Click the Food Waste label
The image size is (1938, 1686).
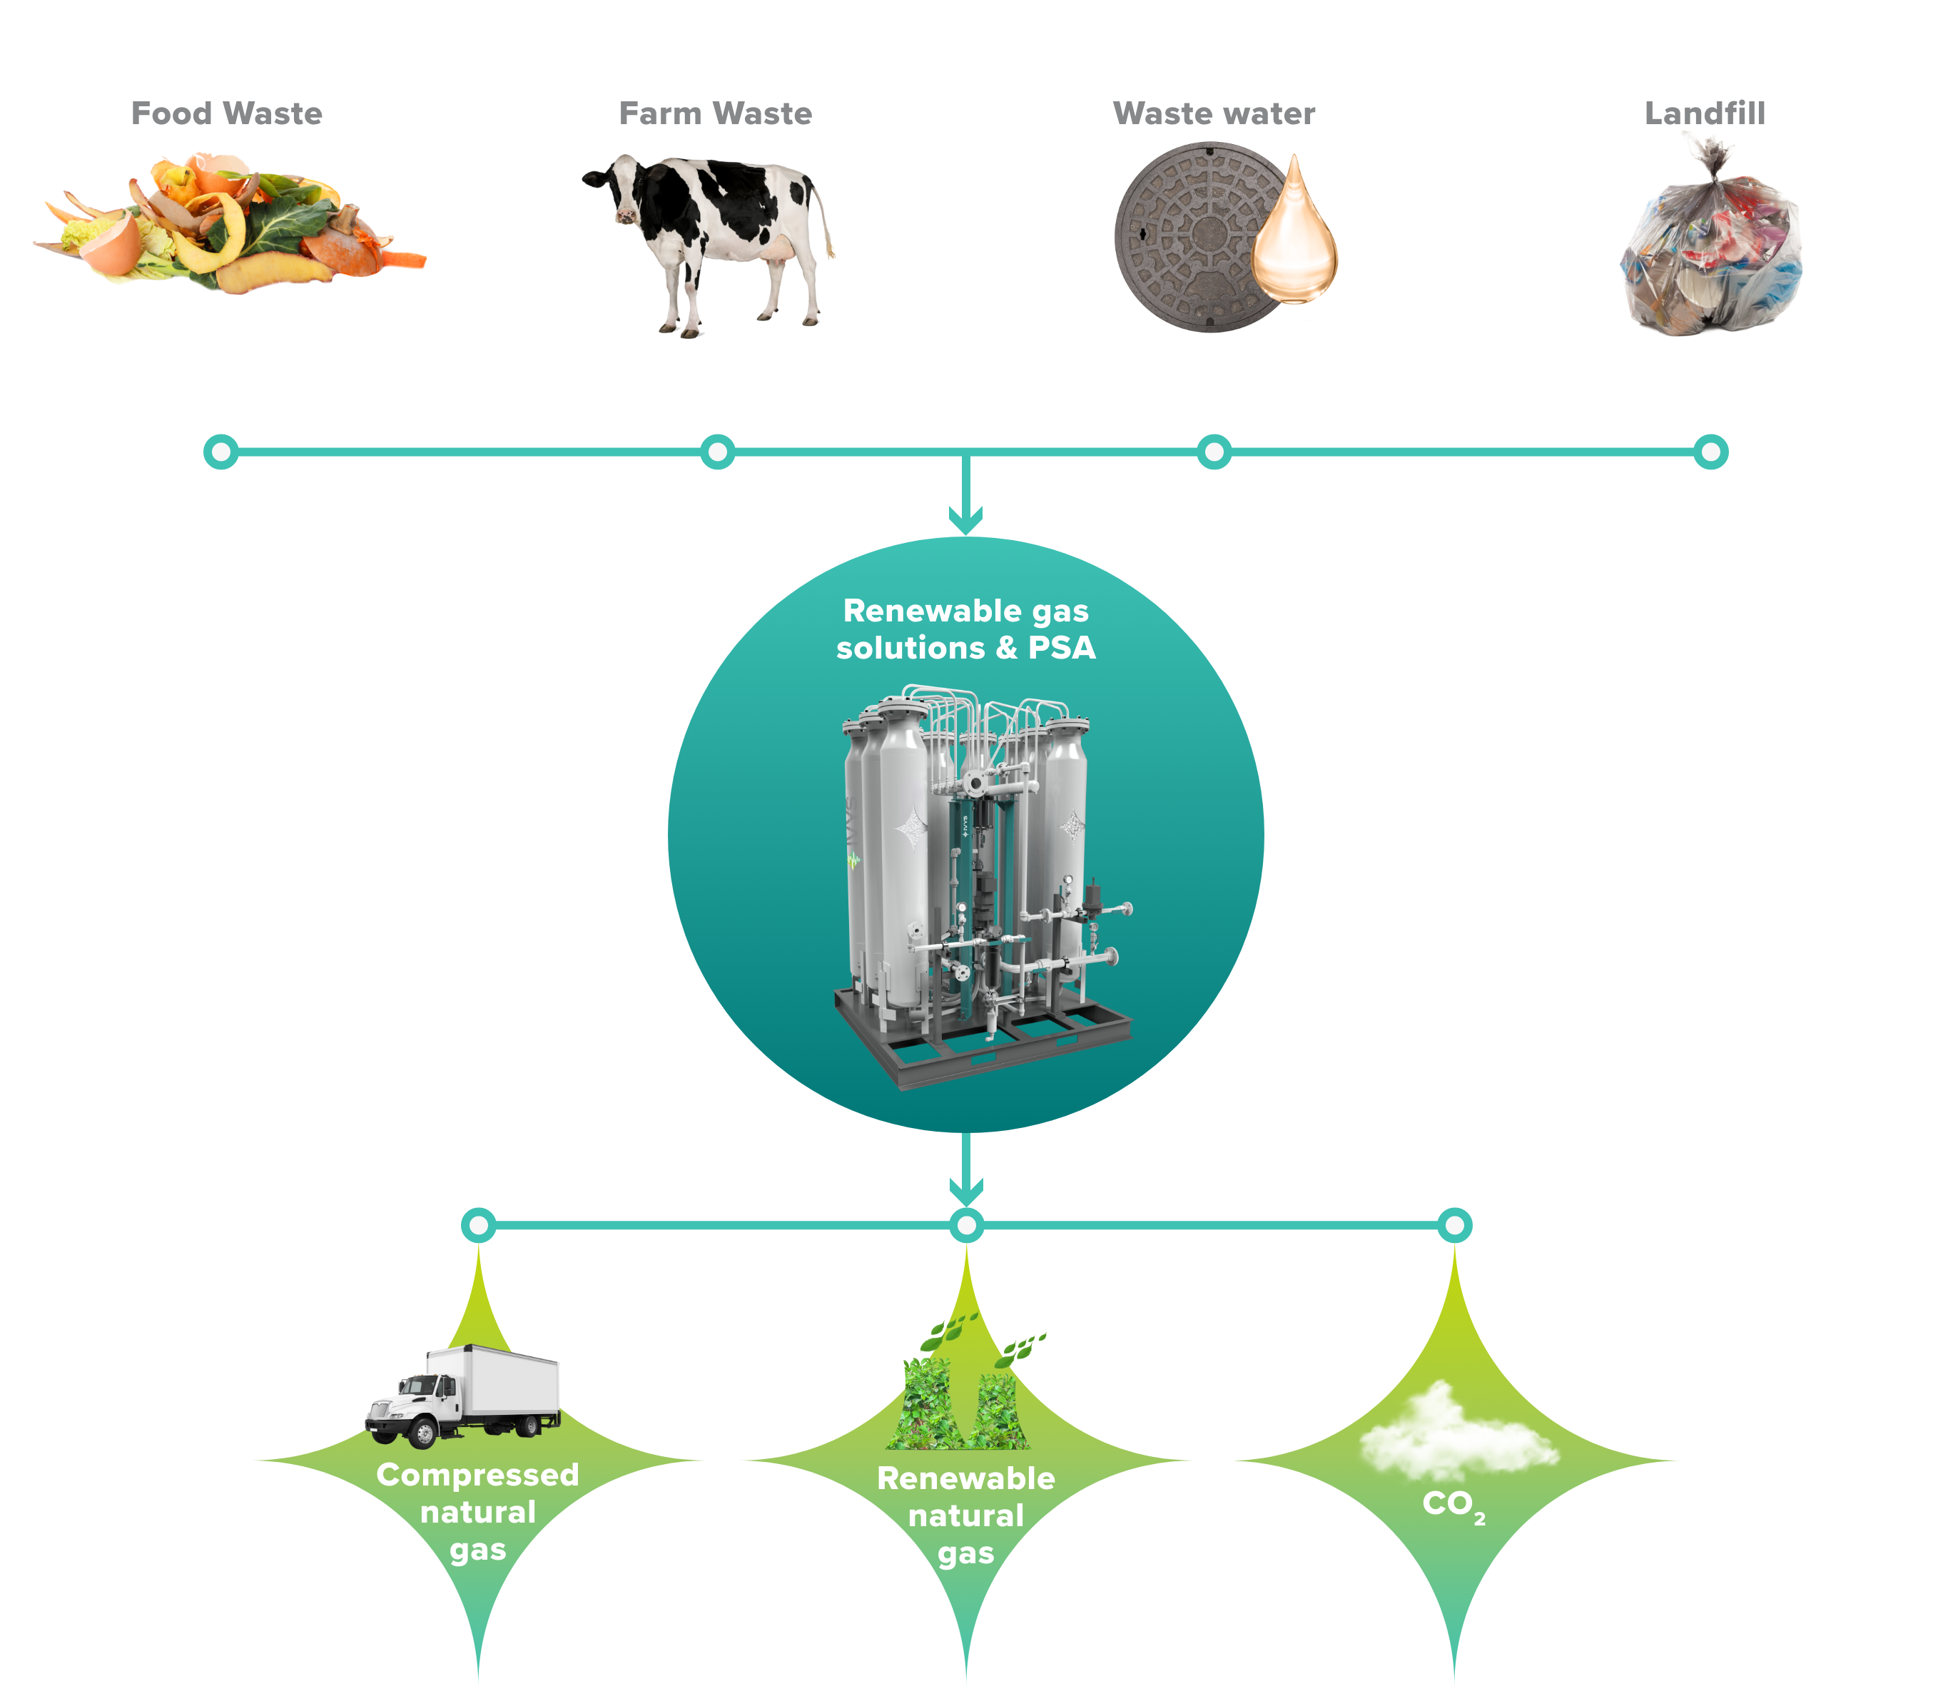(x=227, y=114)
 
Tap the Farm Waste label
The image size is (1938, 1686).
(x=715, y=114)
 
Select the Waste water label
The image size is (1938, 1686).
(x=1214, y=114)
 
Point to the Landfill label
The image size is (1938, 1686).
(x=1705, y=114)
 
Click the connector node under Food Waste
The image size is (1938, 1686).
(x=221, y=452)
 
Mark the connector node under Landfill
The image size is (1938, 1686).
(x=1710, y=452)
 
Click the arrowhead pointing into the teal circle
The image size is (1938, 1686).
(x=965, y=519)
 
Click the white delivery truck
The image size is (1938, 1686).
(x=463, y=1396)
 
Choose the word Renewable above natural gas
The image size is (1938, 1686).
(x=966, y=1479)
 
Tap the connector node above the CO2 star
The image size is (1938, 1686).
(x=1454, y=1226)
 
